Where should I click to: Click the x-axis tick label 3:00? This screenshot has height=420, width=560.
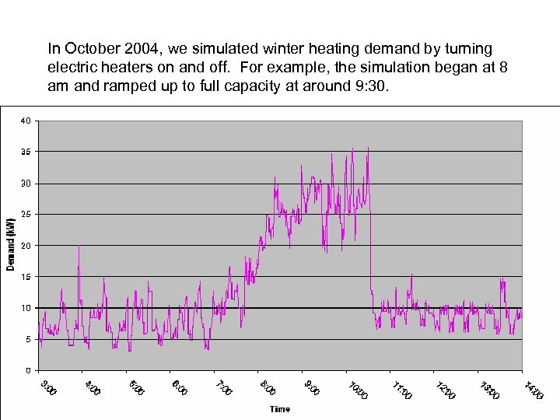coord(48,386)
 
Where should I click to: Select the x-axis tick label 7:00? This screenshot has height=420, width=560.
coord(224,386)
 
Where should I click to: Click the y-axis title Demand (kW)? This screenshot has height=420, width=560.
coord(10,244)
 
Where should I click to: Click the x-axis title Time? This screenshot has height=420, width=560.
coord(279,409)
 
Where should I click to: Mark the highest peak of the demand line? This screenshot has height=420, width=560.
coord(368,147)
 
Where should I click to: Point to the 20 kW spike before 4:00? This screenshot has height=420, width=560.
coord(79,246)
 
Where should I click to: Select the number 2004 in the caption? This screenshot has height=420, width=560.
coord(137,49)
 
